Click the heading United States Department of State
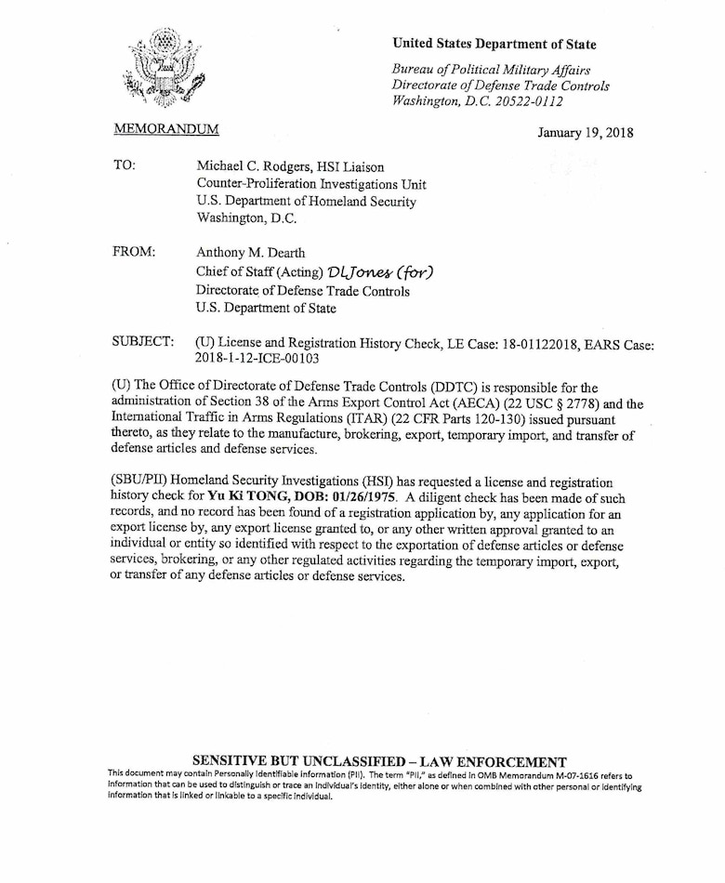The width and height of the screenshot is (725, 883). tap(494, 44)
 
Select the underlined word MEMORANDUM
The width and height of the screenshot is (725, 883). tap(166, 128)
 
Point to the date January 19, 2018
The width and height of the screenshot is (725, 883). tap(586, 132)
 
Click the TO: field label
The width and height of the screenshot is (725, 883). tap(125, 165)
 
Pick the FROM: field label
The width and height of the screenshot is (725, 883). tap(134, 253)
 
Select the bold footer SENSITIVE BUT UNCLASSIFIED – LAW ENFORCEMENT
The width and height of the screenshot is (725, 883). tap(378, 761)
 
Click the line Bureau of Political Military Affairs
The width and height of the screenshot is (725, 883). tap(490, 70)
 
